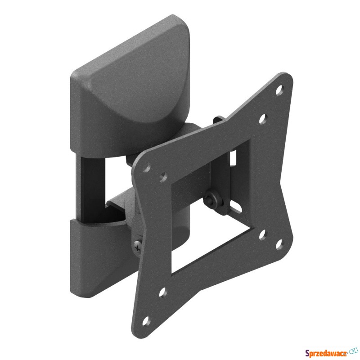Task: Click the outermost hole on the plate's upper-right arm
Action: coord(279,90)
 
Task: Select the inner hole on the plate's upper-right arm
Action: coord(263,119)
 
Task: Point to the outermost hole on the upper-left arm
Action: coord(147,167)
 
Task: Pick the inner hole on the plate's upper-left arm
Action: coord(163,177)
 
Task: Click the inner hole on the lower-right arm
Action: coord(263,234)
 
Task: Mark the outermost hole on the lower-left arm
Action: coord(146,321)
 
